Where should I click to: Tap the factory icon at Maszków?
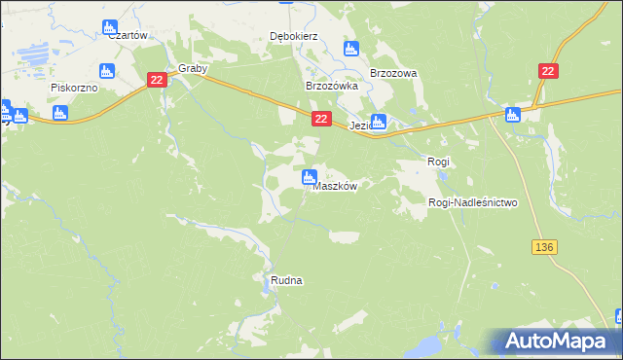309,177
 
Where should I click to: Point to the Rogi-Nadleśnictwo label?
473,202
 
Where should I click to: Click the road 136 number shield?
544,248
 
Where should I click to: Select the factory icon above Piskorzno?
107,70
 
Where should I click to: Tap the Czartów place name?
128,35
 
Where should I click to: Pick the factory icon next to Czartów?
109,26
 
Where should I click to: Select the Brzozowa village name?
393,73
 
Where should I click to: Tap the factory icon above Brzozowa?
351,48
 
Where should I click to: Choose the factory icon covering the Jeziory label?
379,122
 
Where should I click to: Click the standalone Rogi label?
439,160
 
